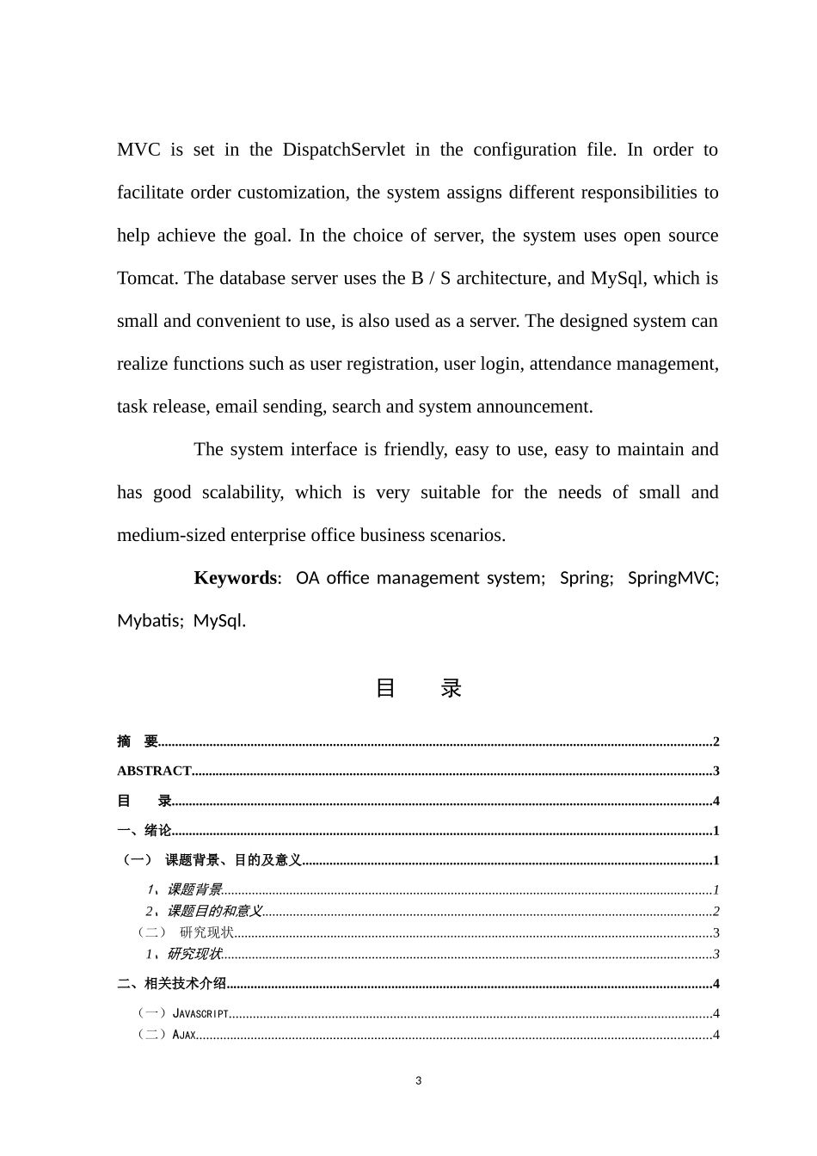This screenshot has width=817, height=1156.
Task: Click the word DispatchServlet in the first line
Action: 343,150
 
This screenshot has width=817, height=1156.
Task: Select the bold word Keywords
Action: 236,578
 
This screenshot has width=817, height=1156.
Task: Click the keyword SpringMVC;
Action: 673,578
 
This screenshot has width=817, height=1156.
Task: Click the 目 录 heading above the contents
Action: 419,688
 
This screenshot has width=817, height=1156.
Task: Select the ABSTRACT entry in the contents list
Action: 154,772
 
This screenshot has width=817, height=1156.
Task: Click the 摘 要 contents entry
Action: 138,741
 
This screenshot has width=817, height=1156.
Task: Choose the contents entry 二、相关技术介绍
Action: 172,984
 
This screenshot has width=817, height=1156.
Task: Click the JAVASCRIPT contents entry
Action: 200,1014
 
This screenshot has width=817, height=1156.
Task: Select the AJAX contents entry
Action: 184,1035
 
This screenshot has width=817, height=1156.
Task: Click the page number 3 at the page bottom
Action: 419,1081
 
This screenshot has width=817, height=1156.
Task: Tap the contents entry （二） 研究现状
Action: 186,932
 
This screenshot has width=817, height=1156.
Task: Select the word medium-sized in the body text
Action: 171,535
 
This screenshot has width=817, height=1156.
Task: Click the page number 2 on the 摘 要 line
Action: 716,742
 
